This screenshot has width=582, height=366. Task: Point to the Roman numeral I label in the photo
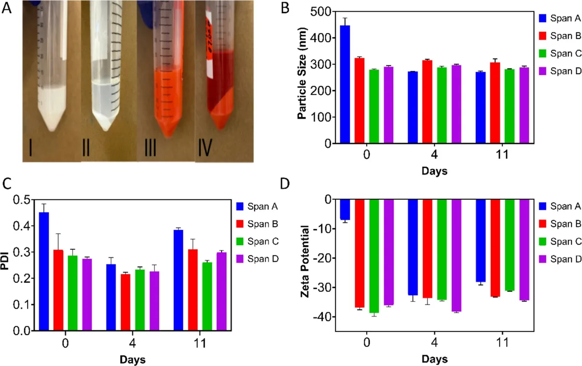[x=31, y=147]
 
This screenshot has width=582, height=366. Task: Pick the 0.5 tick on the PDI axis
[x=26, y=200]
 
